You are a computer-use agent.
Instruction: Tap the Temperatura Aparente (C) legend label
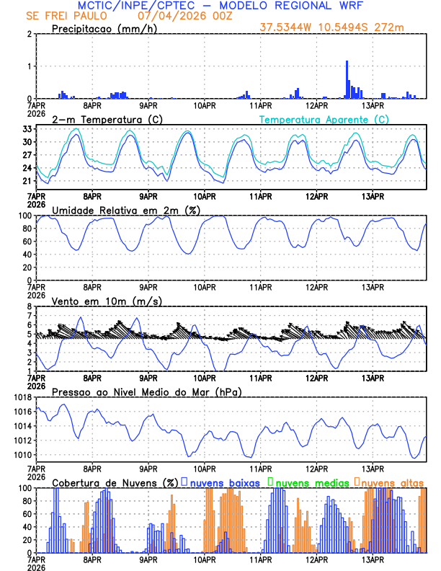tap(324, 119)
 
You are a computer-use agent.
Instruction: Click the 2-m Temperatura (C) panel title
tap(105, 119)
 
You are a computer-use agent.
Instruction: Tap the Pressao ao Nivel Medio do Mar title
tap(146, 391)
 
